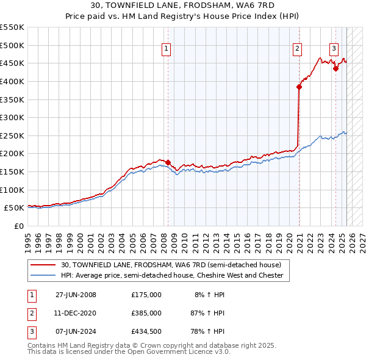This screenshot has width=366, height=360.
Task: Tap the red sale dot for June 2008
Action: point(168,163)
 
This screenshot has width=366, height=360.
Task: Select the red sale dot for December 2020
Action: point(300,87)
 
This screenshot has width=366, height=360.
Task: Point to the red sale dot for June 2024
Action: point(335,69)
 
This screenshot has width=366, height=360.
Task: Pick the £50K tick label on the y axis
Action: point(15,208)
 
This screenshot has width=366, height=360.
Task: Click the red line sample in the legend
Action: point(43,265)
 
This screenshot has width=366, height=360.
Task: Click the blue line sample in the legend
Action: point(43,276)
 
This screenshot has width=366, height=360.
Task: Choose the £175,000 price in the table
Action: point(146,295)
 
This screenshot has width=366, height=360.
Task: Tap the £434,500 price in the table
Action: point(146,331)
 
